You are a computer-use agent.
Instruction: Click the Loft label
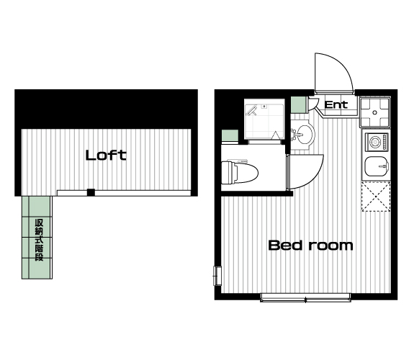tap(106, 155)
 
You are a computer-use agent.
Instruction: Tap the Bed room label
tap(310, 245)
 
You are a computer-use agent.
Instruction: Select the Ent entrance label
tap(336, 105)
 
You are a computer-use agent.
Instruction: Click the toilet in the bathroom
tap(240, 173)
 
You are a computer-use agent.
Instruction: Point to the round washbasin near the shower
tap(304, 134)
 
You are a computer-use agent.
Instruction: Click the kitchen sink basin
tap(377, 166)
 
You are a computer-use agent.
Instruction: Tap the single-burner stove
tap(377, 142)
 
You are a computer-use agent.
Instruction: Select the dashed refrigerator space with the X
tap(376, 197)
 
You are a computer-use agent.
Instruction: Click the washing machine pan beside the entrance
tap(375, 112)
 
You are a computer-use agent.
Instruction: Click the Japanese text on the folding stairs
tap(39, 240)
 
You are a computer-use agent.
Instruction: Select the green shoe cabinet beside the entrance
tap(298, 105)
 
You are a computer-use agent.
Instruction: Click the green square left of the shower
tap(230, 136)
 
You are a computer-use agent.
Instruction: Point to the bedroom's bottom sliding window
tap(305, 297)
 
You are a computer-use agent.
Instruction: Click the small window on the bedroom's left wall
tap(217, 276)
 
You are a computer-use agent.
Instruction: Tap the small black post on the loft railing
tap(91, 192)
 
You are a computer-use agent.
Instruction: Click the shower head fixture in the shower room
tap(252, 110)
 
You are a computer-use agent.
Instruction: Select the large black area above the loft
tap(106, 109)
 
